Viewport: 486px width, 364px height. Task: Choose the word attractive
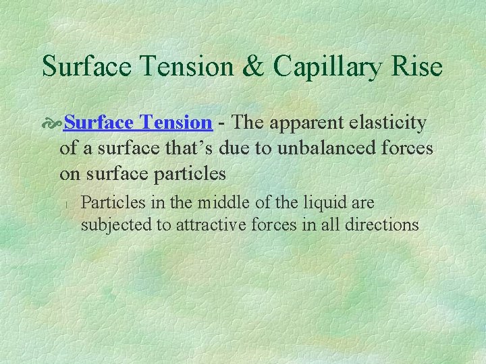207,224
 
